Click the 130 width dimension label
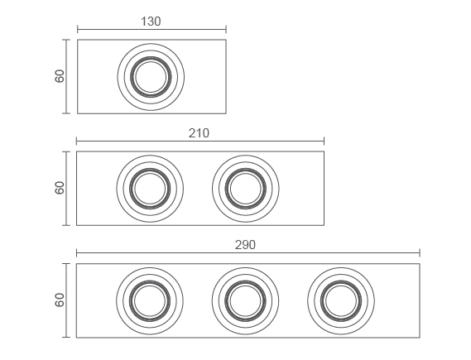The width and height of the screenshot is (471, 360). coord(151,22)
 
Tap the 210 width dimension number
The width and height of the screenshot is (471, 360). coord(199,133)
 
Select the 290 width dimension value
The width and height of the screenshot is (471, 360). coord(245,245)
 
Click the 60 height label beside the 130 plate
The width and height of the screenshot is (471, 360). coord(60,76)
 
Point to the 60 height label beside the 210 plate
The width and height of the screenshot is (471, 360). coord(60,188)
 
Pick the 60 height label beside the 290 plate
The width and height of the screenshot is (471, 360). coord(60,300)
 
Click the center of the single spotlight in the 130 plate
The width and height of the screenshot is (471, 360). coord(151,77)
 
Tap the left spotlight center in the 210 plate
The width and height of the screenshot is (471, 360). coord(150,189)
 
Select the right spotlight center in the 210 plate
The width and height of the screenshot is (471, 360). coord(245,189)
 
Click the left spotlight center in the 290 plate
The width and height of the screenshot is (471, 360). coord(150,301)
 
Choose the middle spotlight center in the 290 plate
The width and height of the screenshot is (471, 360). coord(245,301)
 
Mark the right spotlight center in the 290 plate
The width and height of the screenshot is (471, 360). coord(341,301)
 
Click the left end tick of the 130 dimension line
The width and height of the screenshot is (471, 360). coord(78,30)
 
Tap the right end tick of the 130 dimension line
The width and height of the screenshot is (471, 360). coord(226,30)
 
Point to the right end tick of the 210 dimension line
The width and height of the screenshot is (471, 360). coord(324,142)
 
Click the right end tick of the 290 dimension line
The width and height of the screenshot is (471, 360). coord(420,253)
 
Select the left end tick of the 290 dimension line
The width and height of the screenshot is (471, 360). coord(77,253)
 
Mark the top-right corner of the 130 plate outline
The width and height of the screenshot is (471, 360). coord(226,40)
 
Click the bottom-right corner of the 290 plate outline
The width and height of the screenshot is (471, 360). coord(420,338)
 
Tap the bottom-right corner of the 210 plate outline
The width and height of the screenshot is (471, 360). coord(324,225)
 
